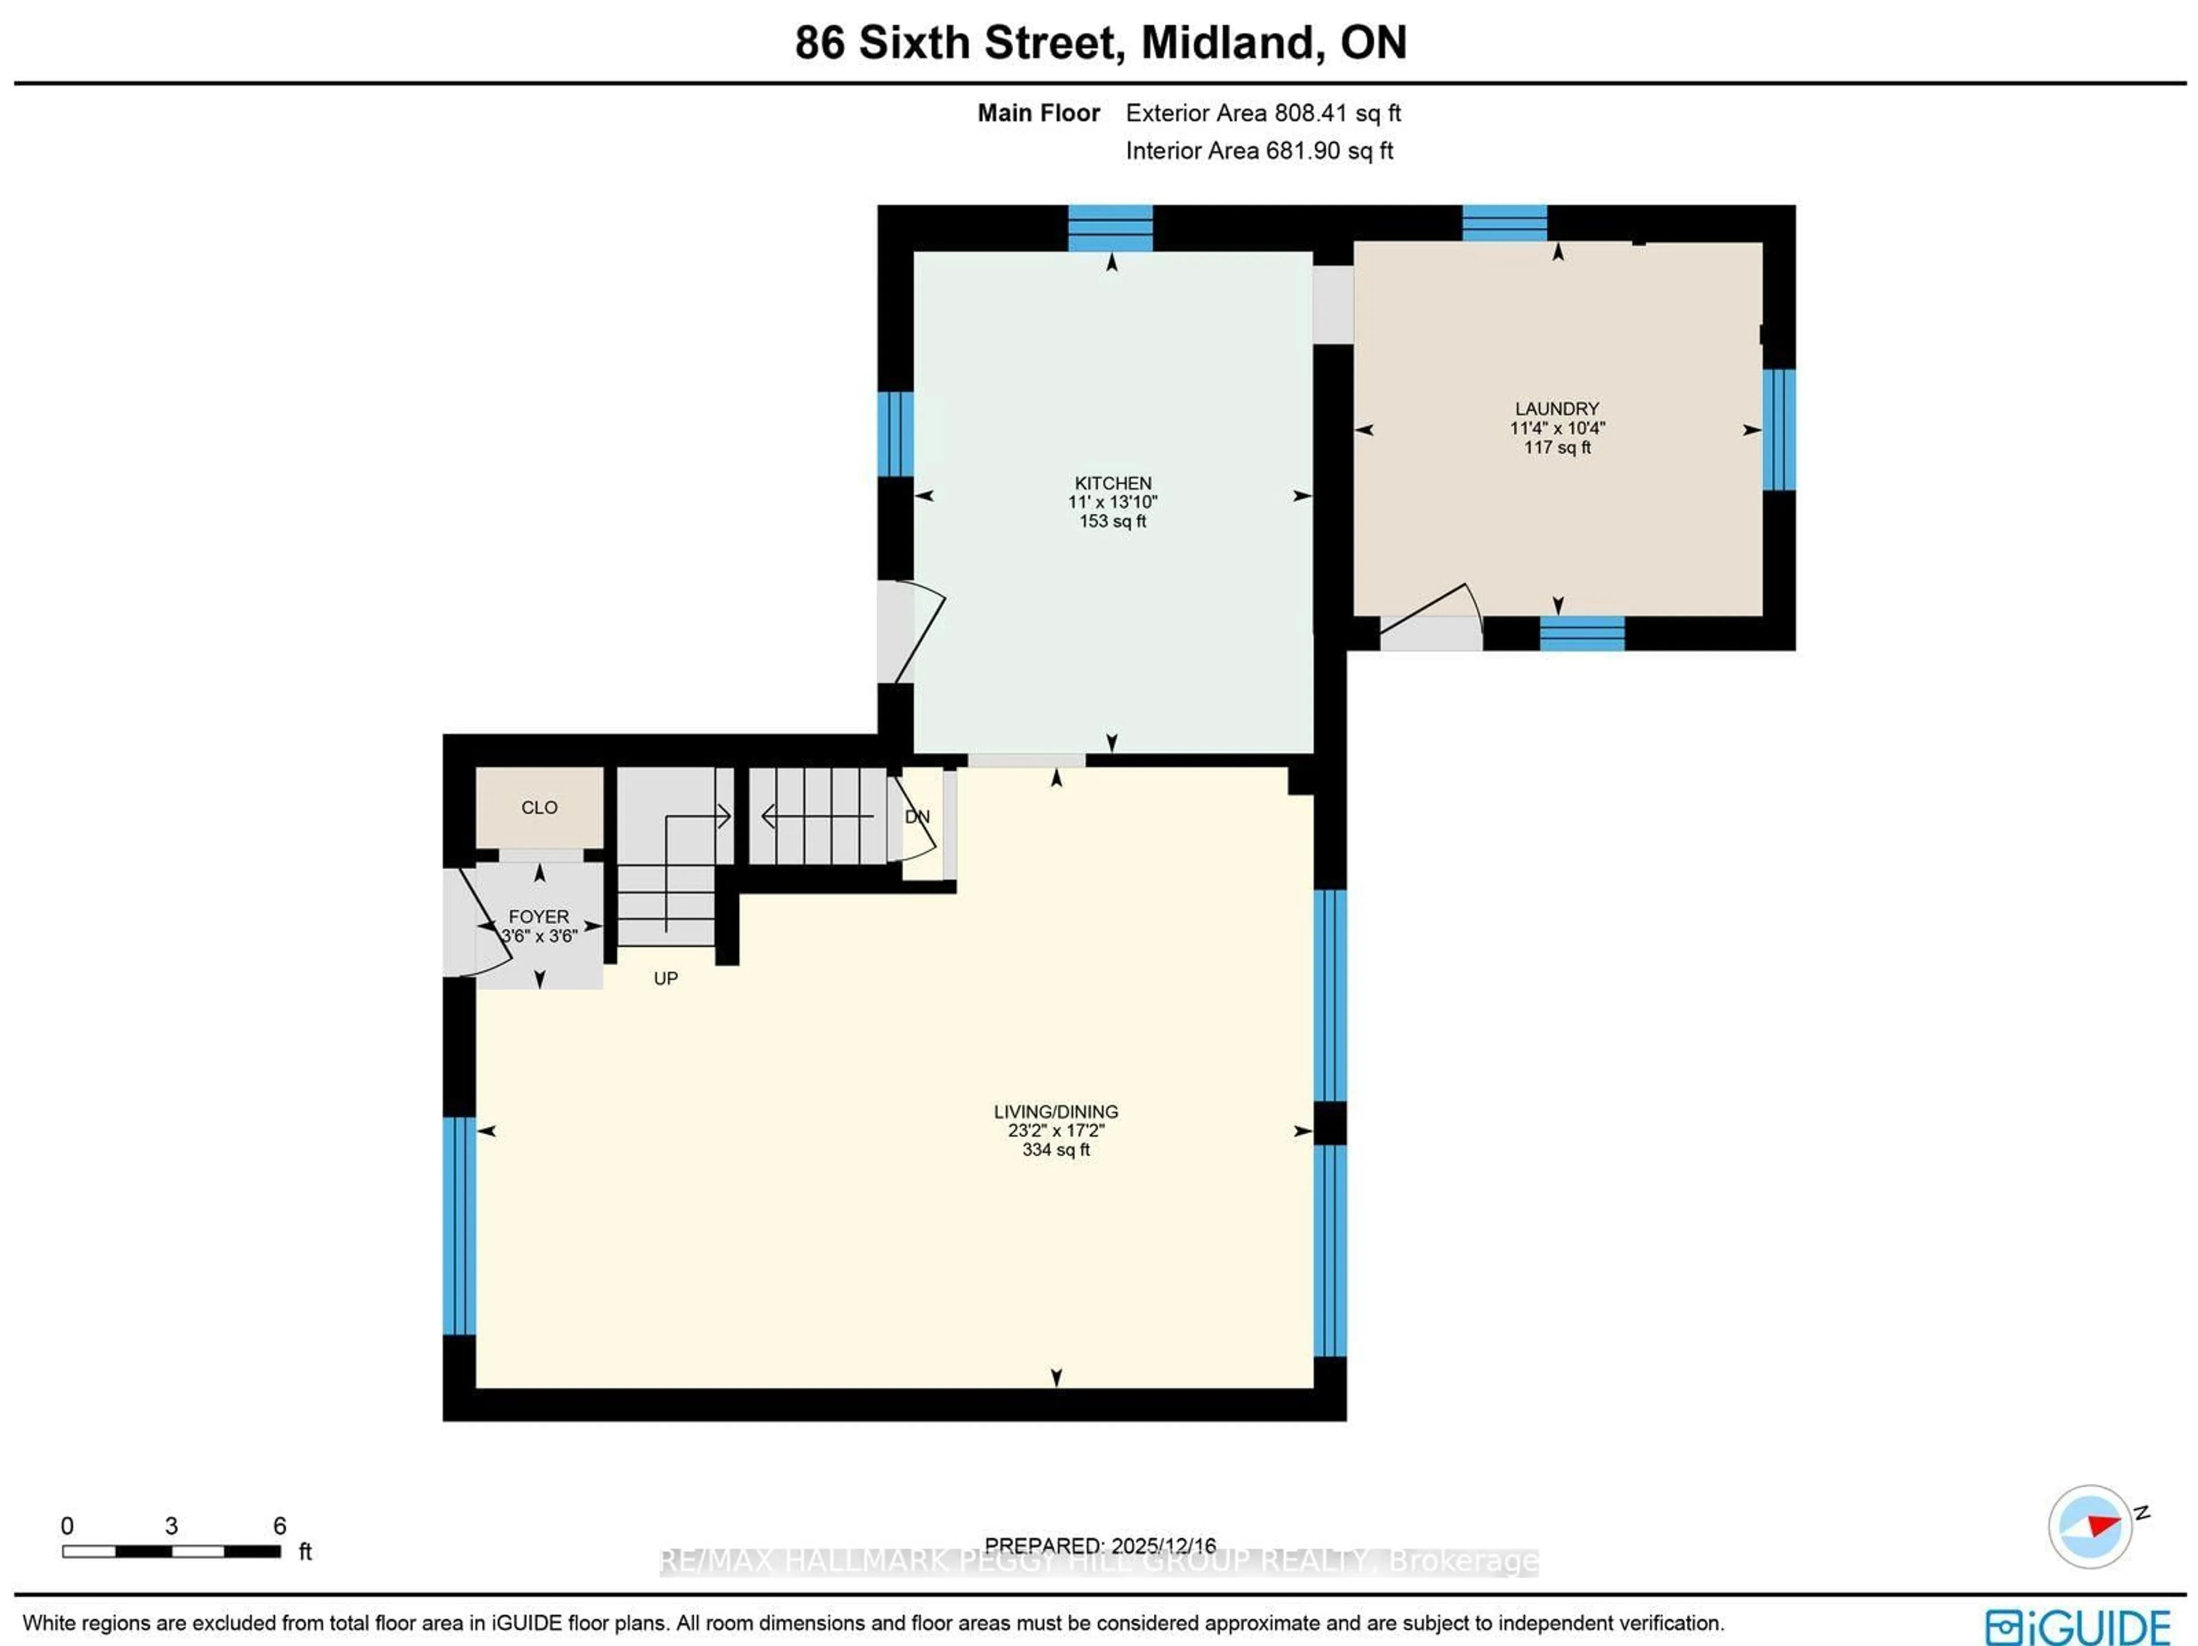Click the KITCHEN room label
click(1112, 483)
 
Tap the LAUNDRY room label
click(1556, 409)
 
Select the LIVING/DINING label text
click(1055, 1111)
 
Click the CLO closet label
click(540, 808)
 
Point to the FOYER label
click(539, 917)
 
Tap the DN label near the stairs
click(917, 817)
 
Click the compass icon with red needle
click(2090, 1526)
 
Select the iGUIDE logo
click(2077, 1626)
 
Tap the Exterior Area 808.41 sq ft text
click(1262, 113)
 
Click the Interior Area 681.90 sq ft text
click(1258, 151)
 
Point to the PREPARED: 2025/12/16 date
click(1100, 1546)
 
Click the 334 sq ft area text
click(1055, 1150)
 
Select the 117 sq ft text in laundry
click(1556, 447)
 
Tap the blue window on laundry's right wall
click(1778, 429)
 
